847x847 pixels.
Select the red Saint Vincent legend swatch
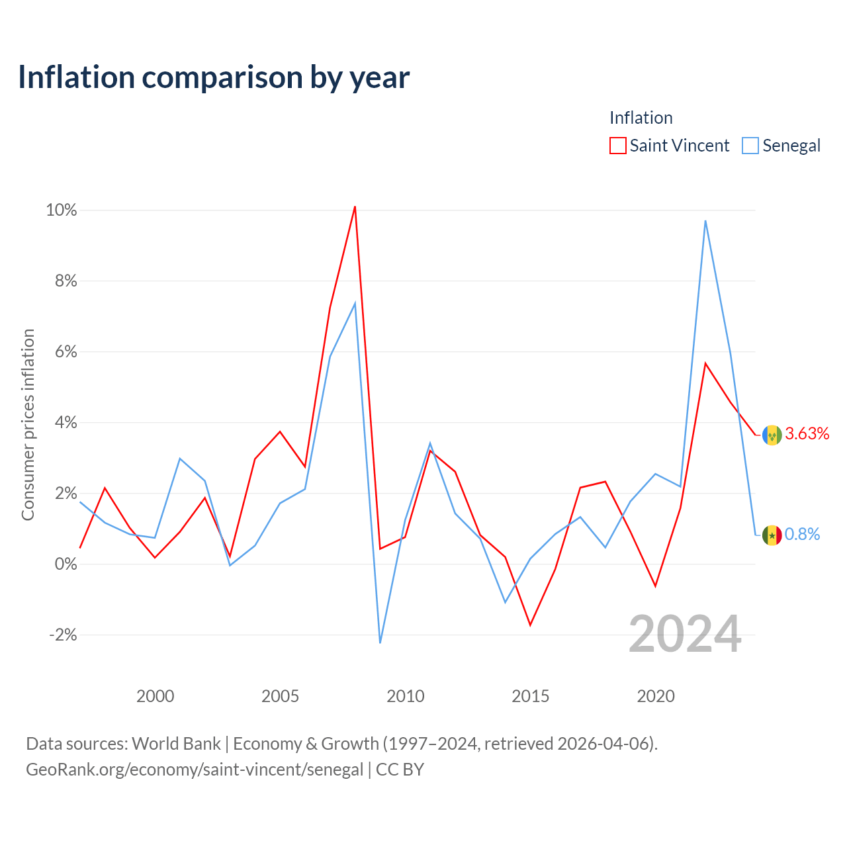point(617,146)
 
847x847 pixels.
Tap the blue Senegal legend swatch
point(750,146)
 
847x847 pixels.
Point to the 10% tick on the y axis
point(62,210)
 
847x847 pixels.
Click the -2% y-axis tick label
point(63,635)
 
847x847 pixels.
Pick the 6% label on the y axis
point(66,351)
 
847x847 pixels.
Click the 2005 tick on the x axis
point(280,696)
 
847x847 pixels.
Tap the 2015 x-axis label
point(531,696)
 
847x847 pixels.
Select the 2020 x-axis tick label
point(656,696)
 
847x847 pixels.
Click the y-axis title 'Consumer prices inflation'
point(28,425)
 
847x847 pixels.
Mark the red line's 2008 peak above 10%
point(355,206)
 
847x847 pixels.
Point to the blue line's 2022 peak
point(705,220)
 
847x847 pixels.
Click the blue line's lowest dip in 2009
point(380,643)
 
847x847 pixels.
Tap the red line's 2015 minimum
point(531,625)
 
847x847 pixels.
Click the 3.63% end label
point(807,434)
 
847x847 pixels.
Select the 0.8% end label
point(802,534)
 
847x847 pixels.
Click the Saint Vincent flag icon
point(772,435)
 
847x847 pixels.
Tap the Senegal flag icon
point(772,535)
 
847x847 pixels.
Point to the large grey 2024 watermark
point(686,635)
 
